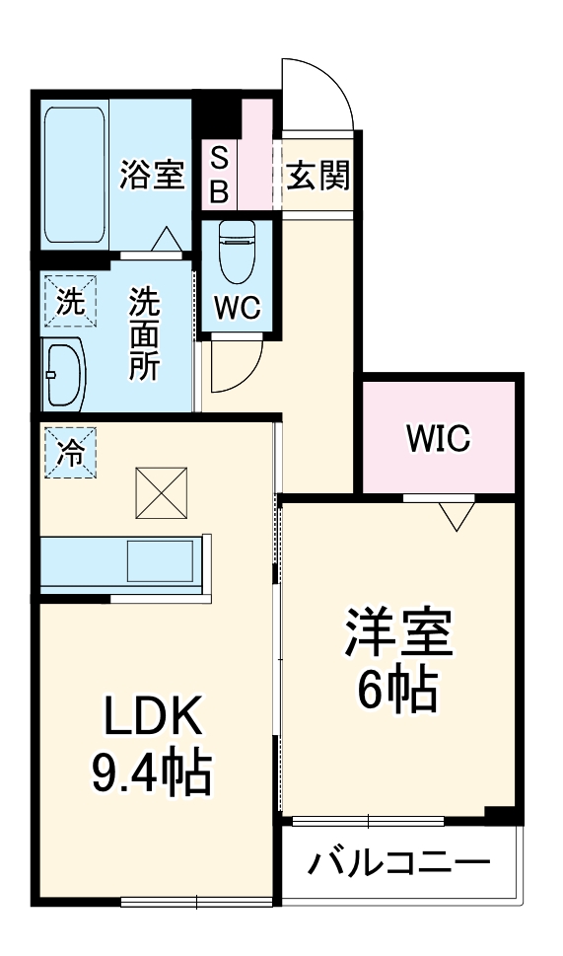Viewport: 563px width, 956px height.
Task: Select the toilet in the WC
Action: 237,253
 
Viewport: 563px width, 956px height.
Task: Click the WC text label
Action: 237,309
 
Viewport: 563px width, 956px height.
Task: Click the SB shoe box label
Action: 219,175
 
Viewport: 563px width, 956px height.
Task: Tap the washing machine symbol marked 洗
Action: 69,302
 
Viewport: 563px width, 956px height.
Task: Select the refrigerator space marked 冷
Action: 69,452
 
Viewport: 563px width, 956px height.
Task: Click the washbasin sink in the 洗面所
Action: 65,375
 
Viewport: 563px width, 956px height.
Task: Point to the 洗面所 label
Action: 146,333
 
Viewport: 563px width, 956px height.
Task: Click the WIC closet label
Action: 439,438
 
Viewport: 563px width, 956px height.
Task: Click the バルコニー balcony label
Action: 398,864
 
